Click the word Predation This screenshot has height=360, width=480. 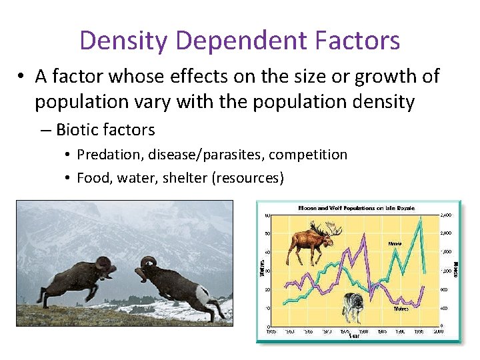tap(110, 155)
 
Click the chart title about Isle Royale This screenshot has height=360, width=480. tap(356, 208)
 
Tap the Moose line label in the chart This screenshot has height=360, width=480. tap(395, 244)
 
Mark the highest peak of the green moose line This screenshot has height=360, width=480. tap(421, 218)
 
